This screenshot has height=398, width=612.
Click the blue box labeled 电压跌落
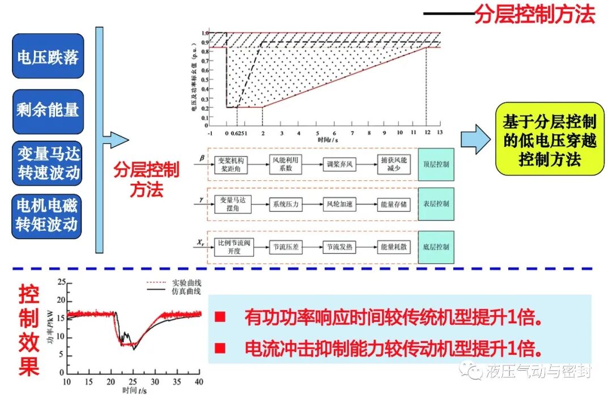click(x=48, y=57)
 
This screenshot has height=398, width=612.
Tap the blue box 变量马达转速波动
click(x=48, y=163)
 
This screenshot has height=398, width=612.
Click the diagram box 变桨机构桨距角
click(x=233, y=164)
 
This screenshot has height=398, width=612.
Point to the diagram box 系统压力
click(x=286, y=204)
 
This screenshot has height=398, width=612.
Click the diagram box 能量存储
click(x=394, y=204)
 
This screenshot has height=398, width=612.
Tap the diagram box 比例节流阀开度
click(x=233, y=247)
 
